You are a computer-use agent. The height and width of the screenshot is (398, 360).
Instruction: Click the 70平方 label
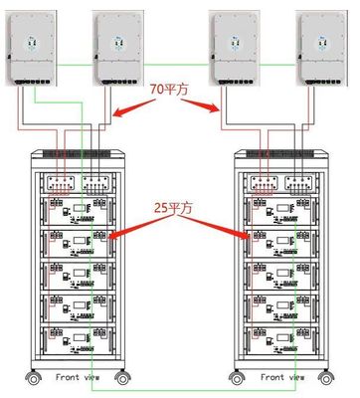point(169,90)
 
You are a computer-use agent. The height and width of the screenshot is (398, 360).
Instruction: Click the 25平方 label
point(173,208)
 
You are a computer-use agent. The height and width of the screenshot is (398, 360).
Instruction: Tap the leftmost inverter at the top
point(31,48)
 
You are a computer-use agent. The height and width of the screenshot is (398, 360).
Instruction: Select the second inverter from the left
point(118,48)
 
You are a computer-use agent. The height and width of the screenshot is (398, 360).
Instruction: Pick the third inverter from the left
point(234,48)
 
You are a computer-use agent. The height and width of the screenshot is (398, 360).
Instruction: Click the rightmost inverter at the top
point(321,48)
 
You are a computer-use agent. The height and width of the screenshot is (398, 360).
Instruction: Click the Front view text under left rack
point(78,377)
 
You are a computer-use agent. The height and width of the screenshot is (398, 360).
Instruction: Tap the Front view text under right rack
point(282,377)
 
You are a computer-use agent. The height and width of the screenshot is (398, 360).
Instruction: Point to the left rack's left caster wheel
point(34,378)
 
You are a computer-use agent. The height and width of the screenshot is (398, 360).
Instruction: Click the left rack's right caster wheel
point(122,378)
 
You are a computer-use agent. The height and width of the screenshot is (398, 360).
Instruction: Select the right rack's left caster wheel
point(237,378)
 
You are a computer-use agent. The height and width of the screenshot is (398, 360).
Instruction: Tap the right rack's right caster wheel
point(326,378)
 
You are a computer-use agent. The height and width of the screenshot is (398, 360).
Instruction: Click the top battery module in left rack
point(78,211)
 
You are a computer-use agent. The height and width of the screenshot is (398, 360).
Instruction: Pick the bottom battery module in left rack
point(78,340)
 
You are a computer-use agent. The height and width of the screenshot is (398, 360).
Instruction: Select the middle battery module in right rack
point(281,276)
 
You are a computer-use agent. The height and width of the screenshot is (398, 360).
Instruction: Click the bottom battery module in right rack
point(281,340)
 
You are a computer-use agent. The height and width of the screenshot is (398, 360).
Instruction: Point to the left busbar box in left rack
point(61,182)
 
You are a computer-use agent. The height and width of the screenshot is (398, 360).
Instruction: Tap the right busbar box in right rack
point(299,182)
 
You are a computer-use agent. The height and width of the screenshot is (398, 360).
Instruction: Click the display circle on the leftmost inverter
point(32,43)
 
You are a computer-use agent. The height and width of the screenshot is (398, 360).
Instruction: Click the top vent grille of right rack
point(281,153)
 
